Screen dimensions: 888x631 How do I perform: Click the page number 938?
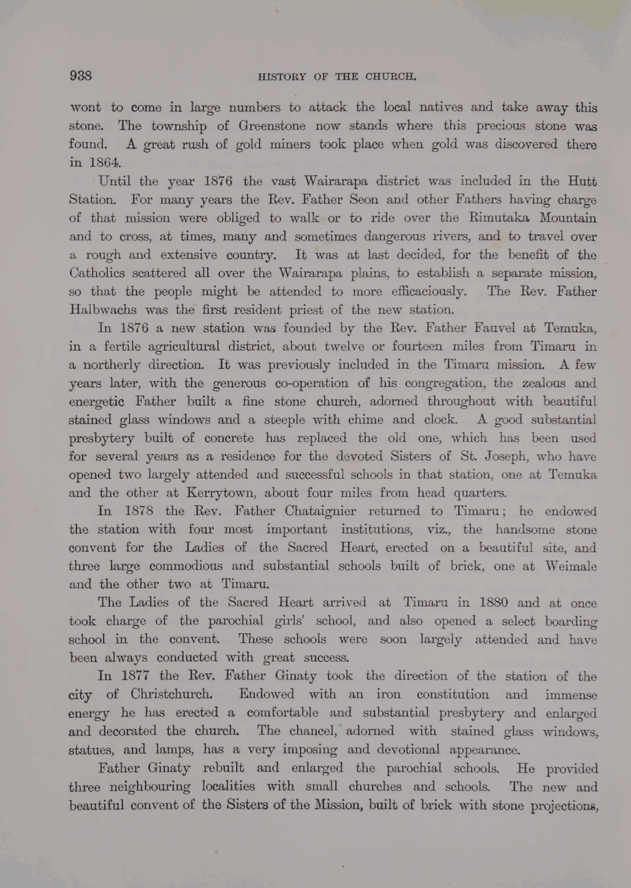(x=80, y=75)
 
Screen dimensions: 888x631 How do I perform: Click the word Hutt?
(x=583, y=181)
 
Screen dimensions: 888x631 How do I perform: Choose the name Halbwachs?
(x=103, y=310)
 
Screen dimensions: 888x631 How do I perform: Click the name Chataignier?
(x=320, y=511)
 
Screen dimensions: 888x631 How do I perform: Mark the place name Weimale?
(x=570, y=566)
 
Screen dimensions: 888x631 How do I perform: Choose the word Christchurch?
(x=171, y=694)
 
